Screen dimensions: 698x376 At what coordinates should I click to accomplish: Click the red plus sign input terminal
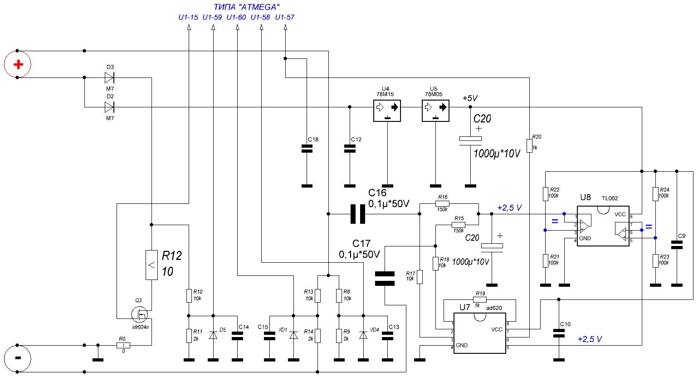19,64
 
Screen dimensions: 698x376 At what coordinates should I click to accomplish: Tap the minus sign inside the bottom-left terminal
18,358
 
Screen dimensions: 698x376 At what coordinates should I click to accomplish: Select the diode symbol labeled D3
109,77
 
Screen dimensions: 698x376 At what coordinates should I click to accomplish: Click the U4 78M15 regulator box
387,111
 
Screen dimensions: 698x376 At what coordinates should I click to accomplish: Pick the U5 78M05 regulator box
435,111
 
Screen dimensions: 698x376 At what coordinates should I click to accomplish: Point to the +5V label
470,98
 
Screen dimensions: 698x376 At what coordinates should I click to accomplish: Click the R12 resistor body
151,265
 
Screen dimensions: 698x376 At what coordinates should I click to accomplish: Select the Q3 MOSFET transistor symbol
139,315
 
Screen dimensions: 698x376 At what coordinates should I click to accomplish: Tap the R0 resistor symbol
123,345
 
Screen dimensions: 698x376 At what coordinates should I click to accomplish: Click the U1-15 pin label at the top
188,17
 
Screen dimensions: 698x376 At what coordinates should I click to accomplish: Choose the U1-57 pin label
285,17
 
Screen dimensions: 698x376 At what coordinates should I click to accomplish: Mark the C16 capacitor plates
358,214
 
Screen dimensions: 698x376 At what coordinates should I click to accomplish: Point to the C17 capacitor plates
385,279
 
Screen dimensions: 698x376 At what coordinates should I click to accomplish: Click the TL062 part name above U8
610,198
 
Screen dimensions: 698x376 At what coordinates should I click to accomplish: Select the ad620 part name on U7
494,308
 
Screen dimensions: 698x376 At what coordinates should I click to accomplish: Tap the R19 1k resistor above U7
480,300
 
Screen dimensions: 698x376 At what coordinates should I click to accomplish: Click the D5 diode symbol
213,335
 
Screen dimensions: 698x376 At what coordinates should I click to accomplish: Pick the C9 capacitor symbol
677,245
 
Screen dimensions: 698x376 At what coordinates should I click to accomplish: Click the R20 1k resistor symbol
529,146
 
